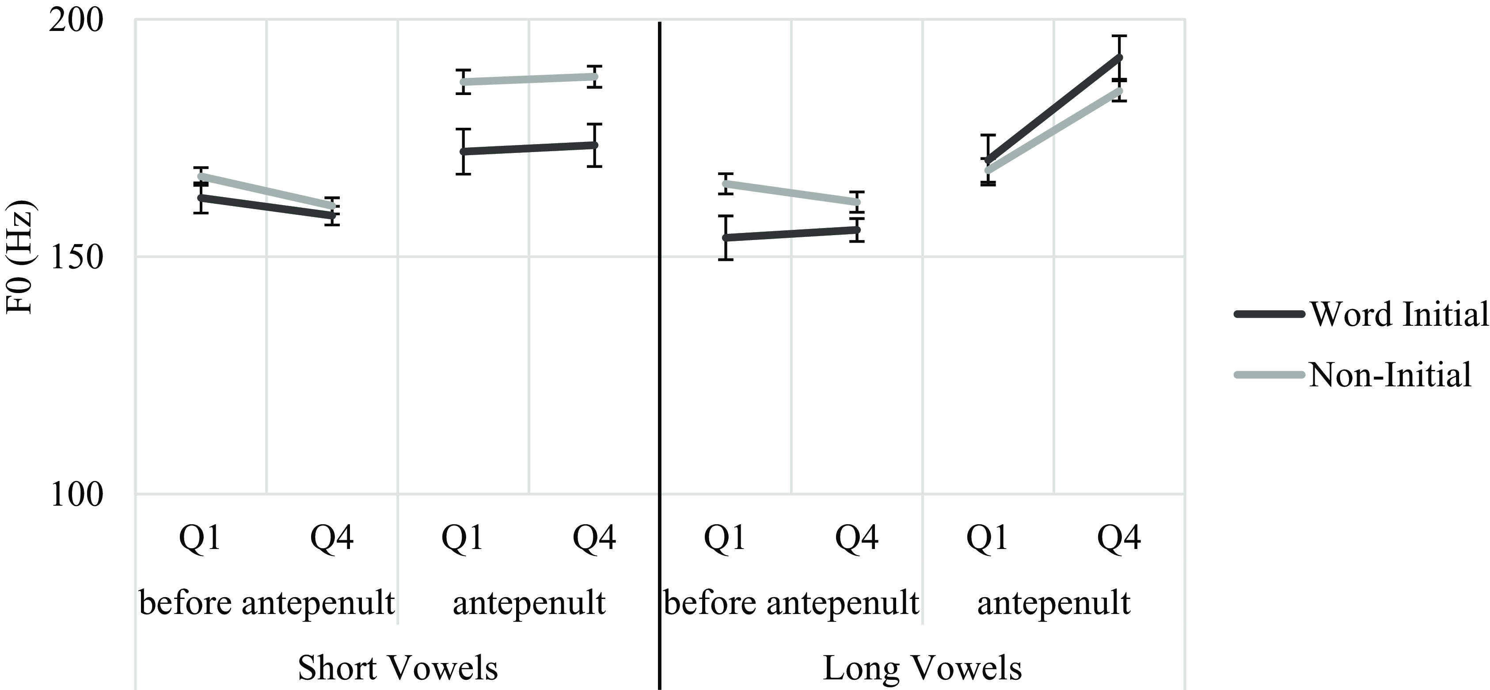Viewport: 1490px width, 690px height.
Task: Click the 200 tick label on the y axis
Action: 75,22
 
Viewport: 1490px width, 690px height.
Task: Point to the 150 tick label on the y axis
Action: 75,259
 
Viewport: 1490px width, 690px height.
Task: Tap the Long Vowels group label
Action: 922,668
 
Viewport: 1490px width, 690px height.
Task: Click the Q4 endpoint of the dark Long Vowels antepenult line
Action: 1120,57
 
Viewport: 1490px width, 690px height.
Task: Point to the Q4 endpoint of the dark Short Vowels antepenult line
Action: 595,145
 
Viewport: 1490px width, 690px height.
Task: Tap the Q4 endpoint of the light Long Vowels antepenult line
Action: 1120,91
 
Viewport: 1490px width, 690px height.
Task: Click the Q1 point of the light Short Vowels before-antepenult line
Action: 201,176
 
